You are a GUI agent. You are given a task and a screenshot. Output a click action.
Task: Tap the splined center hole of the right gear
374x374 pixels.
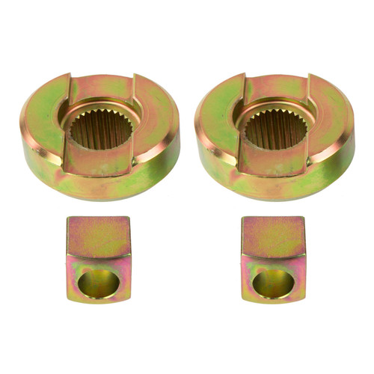pyautogui.click(x=275, y=128)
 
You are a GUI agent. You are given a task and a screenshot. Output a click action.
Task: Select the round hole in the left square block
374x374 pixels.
pyautogui.click(x=98, y=283)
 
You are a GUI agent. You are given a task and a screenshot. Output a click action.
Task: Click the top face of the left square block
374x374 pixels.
pyautogui.click(x=98, y=235)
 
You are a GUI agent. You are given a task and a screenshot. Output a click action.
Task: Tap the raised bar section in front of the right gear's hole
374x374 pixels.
pyautogui.click(x=274, y=161)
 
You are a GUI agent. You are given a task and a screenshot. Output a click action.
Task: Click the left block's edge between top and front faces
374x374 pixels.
pyautogui.click(x=98, y=257)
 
